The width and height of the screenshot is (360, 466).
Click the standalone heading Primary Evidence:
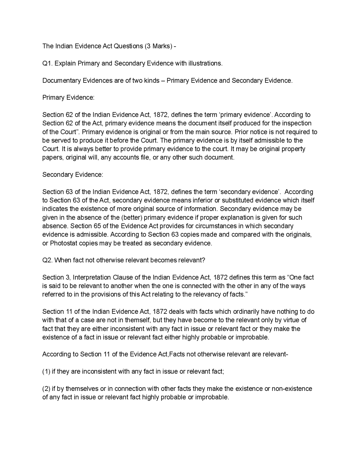(x=68, y=97)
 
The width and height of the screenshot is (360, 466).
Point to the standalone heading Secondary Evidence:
(x=73, y=174)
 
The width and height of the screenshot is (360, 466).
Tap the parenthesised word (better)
(x=131, y=218)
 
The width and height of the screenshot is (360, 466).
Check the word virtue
(x=291, y=320)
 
